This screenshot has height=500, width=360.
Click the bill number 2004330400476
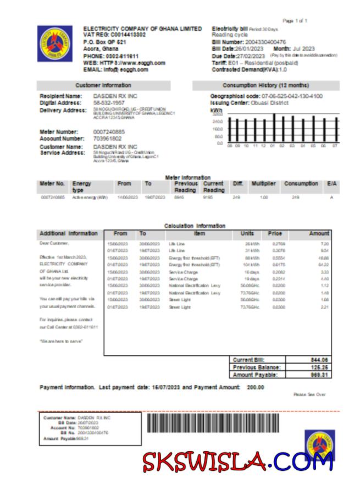[x=267, y=42]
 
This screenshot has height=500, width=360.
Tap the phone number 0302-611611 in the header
[x=120, y=56]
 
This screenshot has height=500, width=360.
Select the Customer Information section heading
[x=103, y=85]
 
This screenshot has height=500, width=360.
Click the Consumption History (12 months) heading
[x=265, y=85]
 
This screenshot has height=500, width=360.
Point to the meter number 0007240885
[x=109, y=132]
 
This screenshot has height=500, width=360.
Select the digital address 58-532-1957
[x=109, y=103]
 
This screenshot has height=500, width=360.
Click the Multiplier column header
[x=264, y=184]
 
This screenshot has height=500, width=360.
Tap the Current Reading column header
[x=213, y=186]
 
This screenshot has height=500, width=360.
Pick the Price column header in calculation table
[x=275, y=233]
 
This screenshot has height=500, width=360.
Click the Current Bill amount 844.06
[x=319, y=360]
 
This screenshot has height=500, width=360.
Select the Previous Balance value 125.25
[x=319, y=367]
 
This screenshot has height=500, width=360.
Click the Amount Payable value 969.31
[x=319, y=375]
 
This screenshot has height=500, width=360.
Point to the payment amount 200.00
[x=255, y=387]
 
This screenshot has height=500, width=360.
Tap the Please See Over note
[x=309, y=394]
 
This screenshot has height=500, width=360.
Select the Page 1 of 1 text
[x=295, y=20]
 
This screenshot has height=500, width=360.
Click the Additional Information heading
[x=69, y=233]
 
